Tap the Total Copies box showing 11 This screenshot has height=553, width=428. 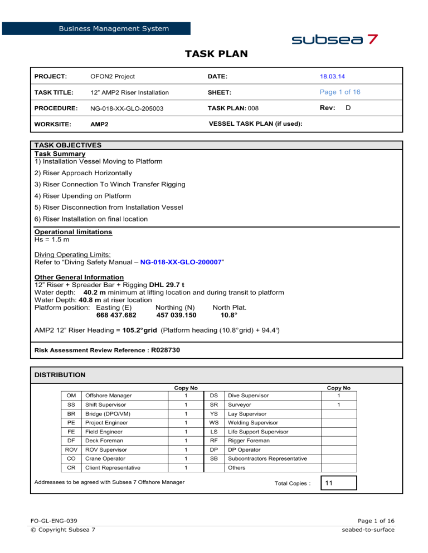click(338, 483)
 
